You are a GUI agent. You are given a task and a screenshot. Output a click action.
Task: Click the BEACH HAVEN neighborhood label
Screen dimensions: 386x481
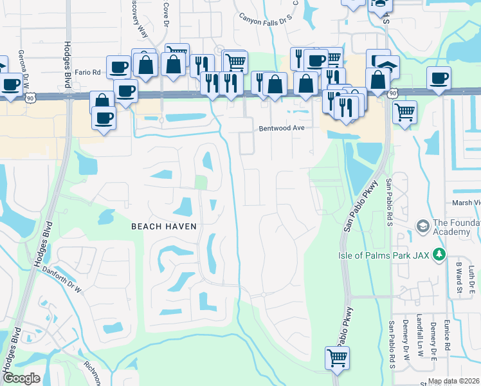tap(163, 226)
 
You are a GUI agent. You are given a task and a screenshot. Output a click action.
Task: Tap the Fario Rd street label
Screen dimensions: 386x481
tap(87, 73)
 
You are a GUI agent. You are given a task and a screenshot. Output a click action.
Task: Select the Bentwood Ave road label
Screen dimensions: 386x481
tap(280, 128)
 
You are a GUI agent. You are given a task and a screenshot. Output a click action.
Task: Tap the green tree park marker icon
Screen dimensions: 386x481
tap(439, 254)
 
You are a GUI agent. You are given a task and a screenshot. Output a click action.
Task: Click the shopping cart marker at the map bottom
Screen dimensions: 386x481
tap(337, 357)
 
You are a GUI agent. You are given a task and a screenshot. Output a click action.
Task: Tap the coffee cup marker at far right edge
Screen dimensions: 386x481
tap(440, 79)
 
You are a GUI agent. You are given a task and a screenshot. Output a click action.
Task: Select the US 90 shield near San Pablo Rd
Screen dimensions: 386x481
tap(393, 94)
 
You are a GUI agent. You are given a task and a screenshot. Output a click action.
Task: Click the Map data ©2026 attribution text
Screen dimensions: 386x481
tap(454, 381)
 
